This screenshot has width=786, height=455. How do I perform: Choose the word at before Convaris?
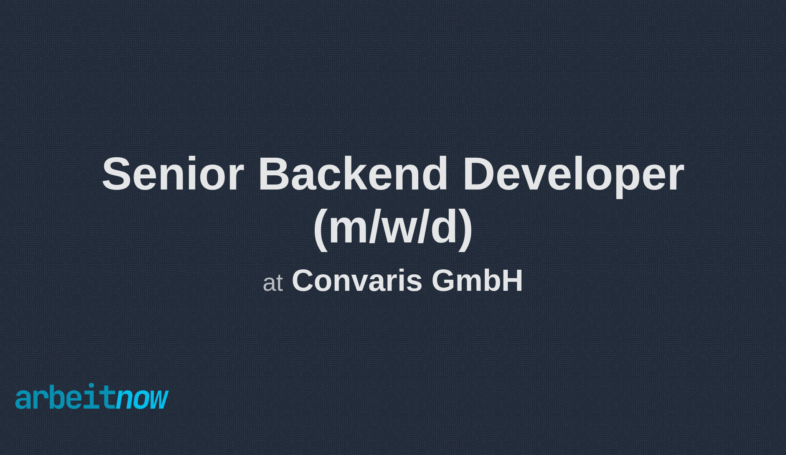tap(273, 283)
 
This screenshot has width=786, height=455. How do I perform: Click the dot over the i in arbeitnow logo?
tap(91, 386)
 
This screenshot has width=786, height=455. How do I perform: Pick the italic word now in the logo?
tap(142, 399)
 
